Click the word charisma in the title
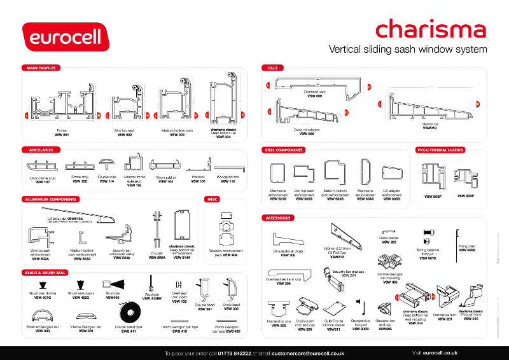coord(430,29)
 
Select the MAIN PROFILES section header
coord(41,67)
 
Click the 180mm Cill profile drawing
coord(429,106)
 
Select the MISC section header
coord(212,199)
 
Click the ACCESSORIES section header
coord(279,218)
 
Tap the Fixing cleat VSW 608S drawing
coord(458,240)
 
